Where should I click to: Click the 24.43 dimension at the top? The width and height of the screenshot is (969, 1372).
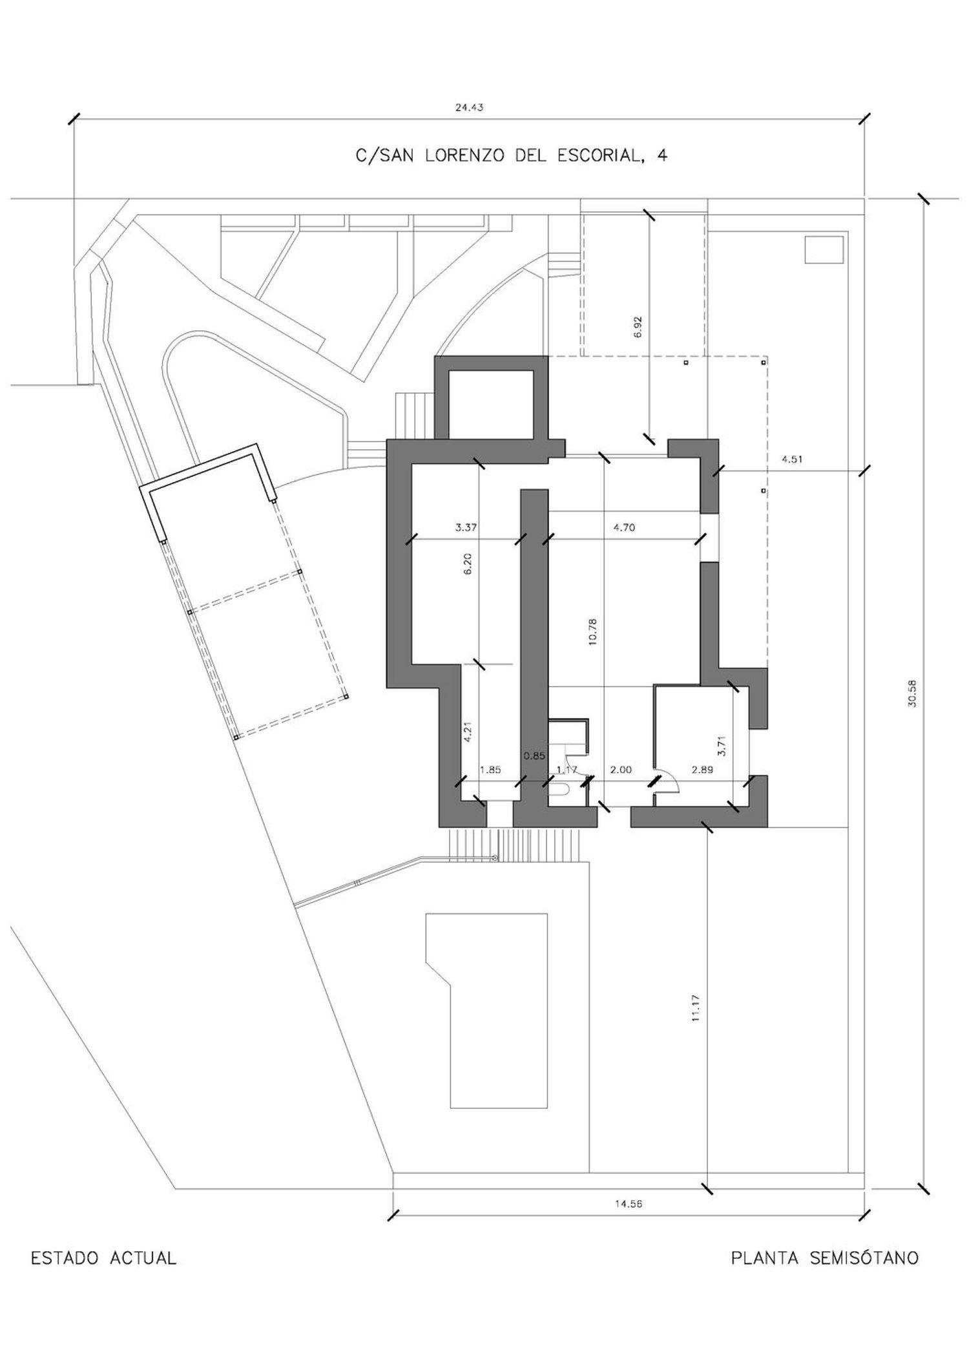tap(469, 108)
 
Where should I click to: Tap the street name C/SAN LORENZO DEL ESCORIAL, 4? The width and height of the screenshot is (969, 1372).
tap(512, 156)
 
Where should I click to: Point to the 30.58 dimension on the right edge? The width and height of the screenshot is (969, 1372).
tap(912, 693)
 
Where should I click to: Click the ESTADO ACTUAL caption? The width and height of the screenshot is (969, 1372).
tap(104, 1258)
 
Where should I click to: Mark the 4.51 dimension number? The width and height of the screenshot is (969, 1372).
tap(793, 460)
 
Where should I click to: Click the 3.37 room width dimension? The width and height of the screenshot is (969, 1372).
tap(466, 527)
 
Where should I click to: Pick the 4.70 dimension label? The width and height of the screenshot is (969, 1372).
tap(624, 527)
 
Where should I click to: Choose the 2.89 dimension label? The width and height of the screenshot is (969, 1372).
tap(703, 770)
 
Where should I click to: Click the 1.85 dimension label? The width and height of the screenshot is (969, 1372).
tap(490, 770)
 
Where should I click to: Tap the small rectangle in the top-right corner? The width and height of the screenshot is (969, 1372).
tap(824, 249)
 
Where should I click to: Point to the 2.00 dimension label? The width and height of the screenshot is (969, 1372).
tap(621, 770)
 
